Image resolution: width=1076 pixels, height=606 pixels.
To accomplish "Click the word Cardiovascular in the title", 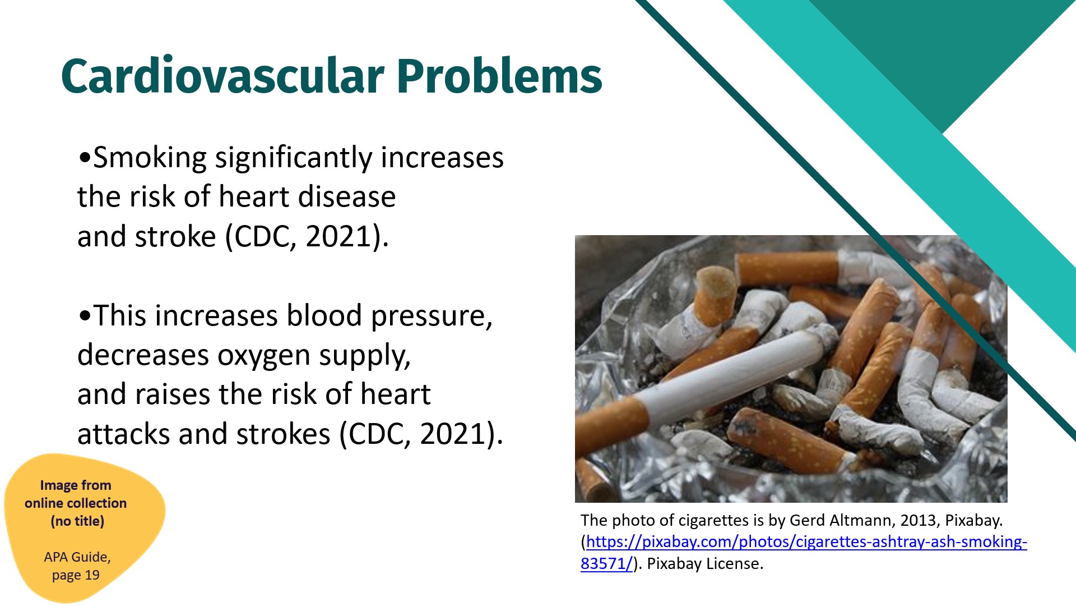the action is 223,76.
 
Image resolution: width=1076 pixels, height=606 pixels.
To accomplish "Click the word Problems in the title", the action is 499,76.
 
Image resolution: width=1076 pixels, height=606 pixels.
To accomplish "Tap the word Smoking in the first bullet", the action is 150,158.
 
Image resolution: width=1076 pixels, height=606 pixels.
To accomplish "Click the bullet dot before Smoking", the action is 85,158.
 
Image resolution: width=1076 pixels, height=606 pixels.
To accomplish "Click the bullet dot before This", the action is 85,316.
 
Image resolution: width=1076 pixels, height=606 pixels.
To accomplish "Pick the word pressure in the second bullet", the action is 432,316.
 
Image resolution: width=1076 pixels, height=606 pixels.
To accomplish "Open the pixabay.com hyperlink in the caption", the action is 804,552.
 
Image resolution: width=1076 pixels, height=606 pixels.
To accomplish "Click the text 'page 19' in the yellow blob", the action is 76,575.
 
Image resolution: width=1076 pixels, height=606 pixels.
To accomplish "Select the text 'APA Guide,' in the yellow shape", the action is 77,557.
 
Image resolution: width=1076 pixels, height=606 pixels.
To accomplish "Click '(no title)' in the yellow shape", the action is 77,521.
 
